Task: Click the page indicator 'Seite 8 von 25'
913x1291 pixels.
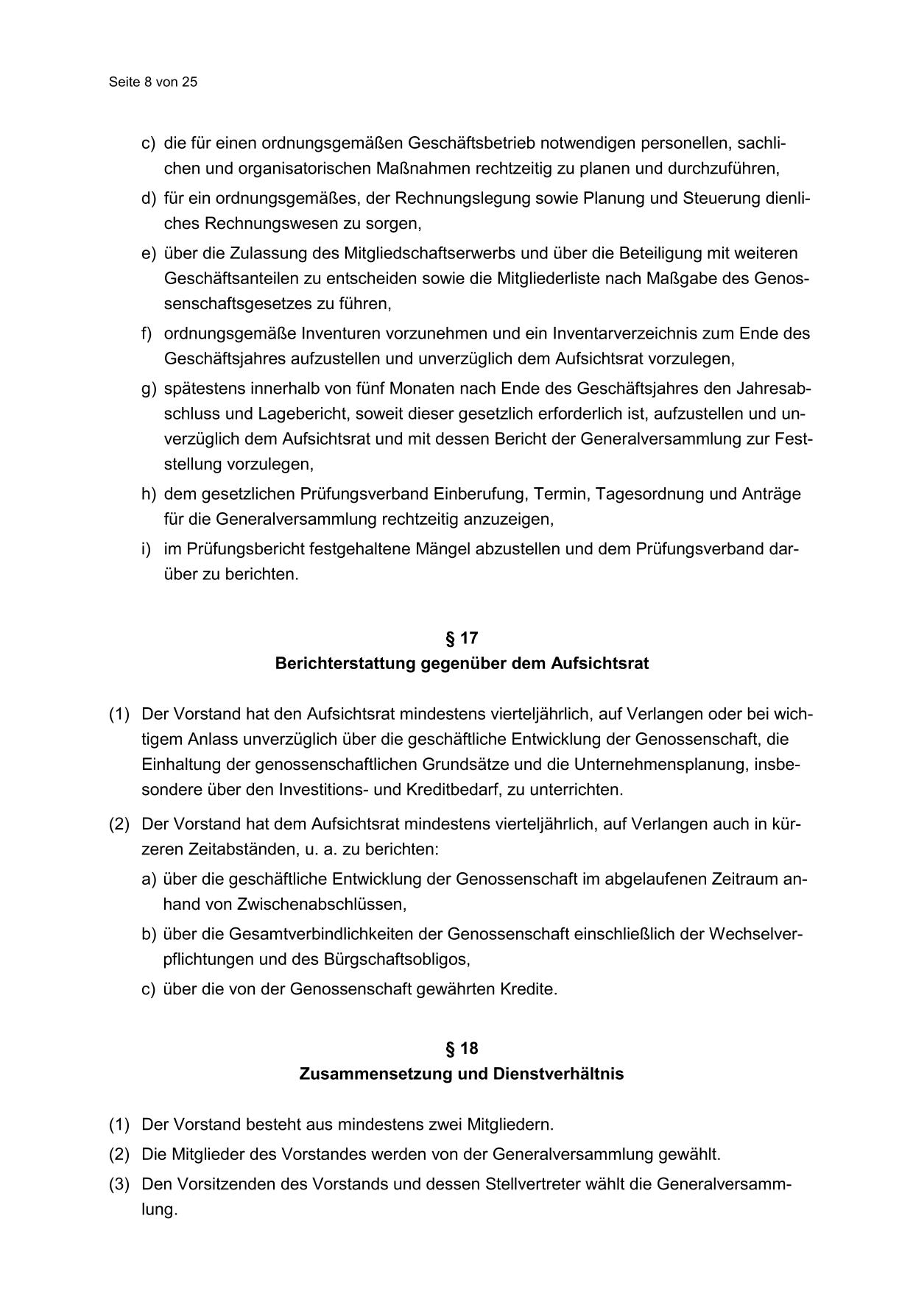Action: click(x=153, y=82)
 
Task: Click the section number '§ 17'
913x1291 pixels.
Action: click(x=462, y=638)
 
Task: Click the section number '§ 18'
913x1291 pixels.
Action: click(x=462, y=1049)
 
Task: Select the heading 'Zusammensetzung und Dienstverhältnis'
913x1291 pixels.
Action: click(x=462, y=1074)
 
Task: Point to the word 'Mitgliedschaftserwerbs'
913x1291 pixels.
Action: click(x=423, y=253)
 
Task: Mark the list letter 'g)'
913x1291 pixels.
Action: click(x=149, y=389)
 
